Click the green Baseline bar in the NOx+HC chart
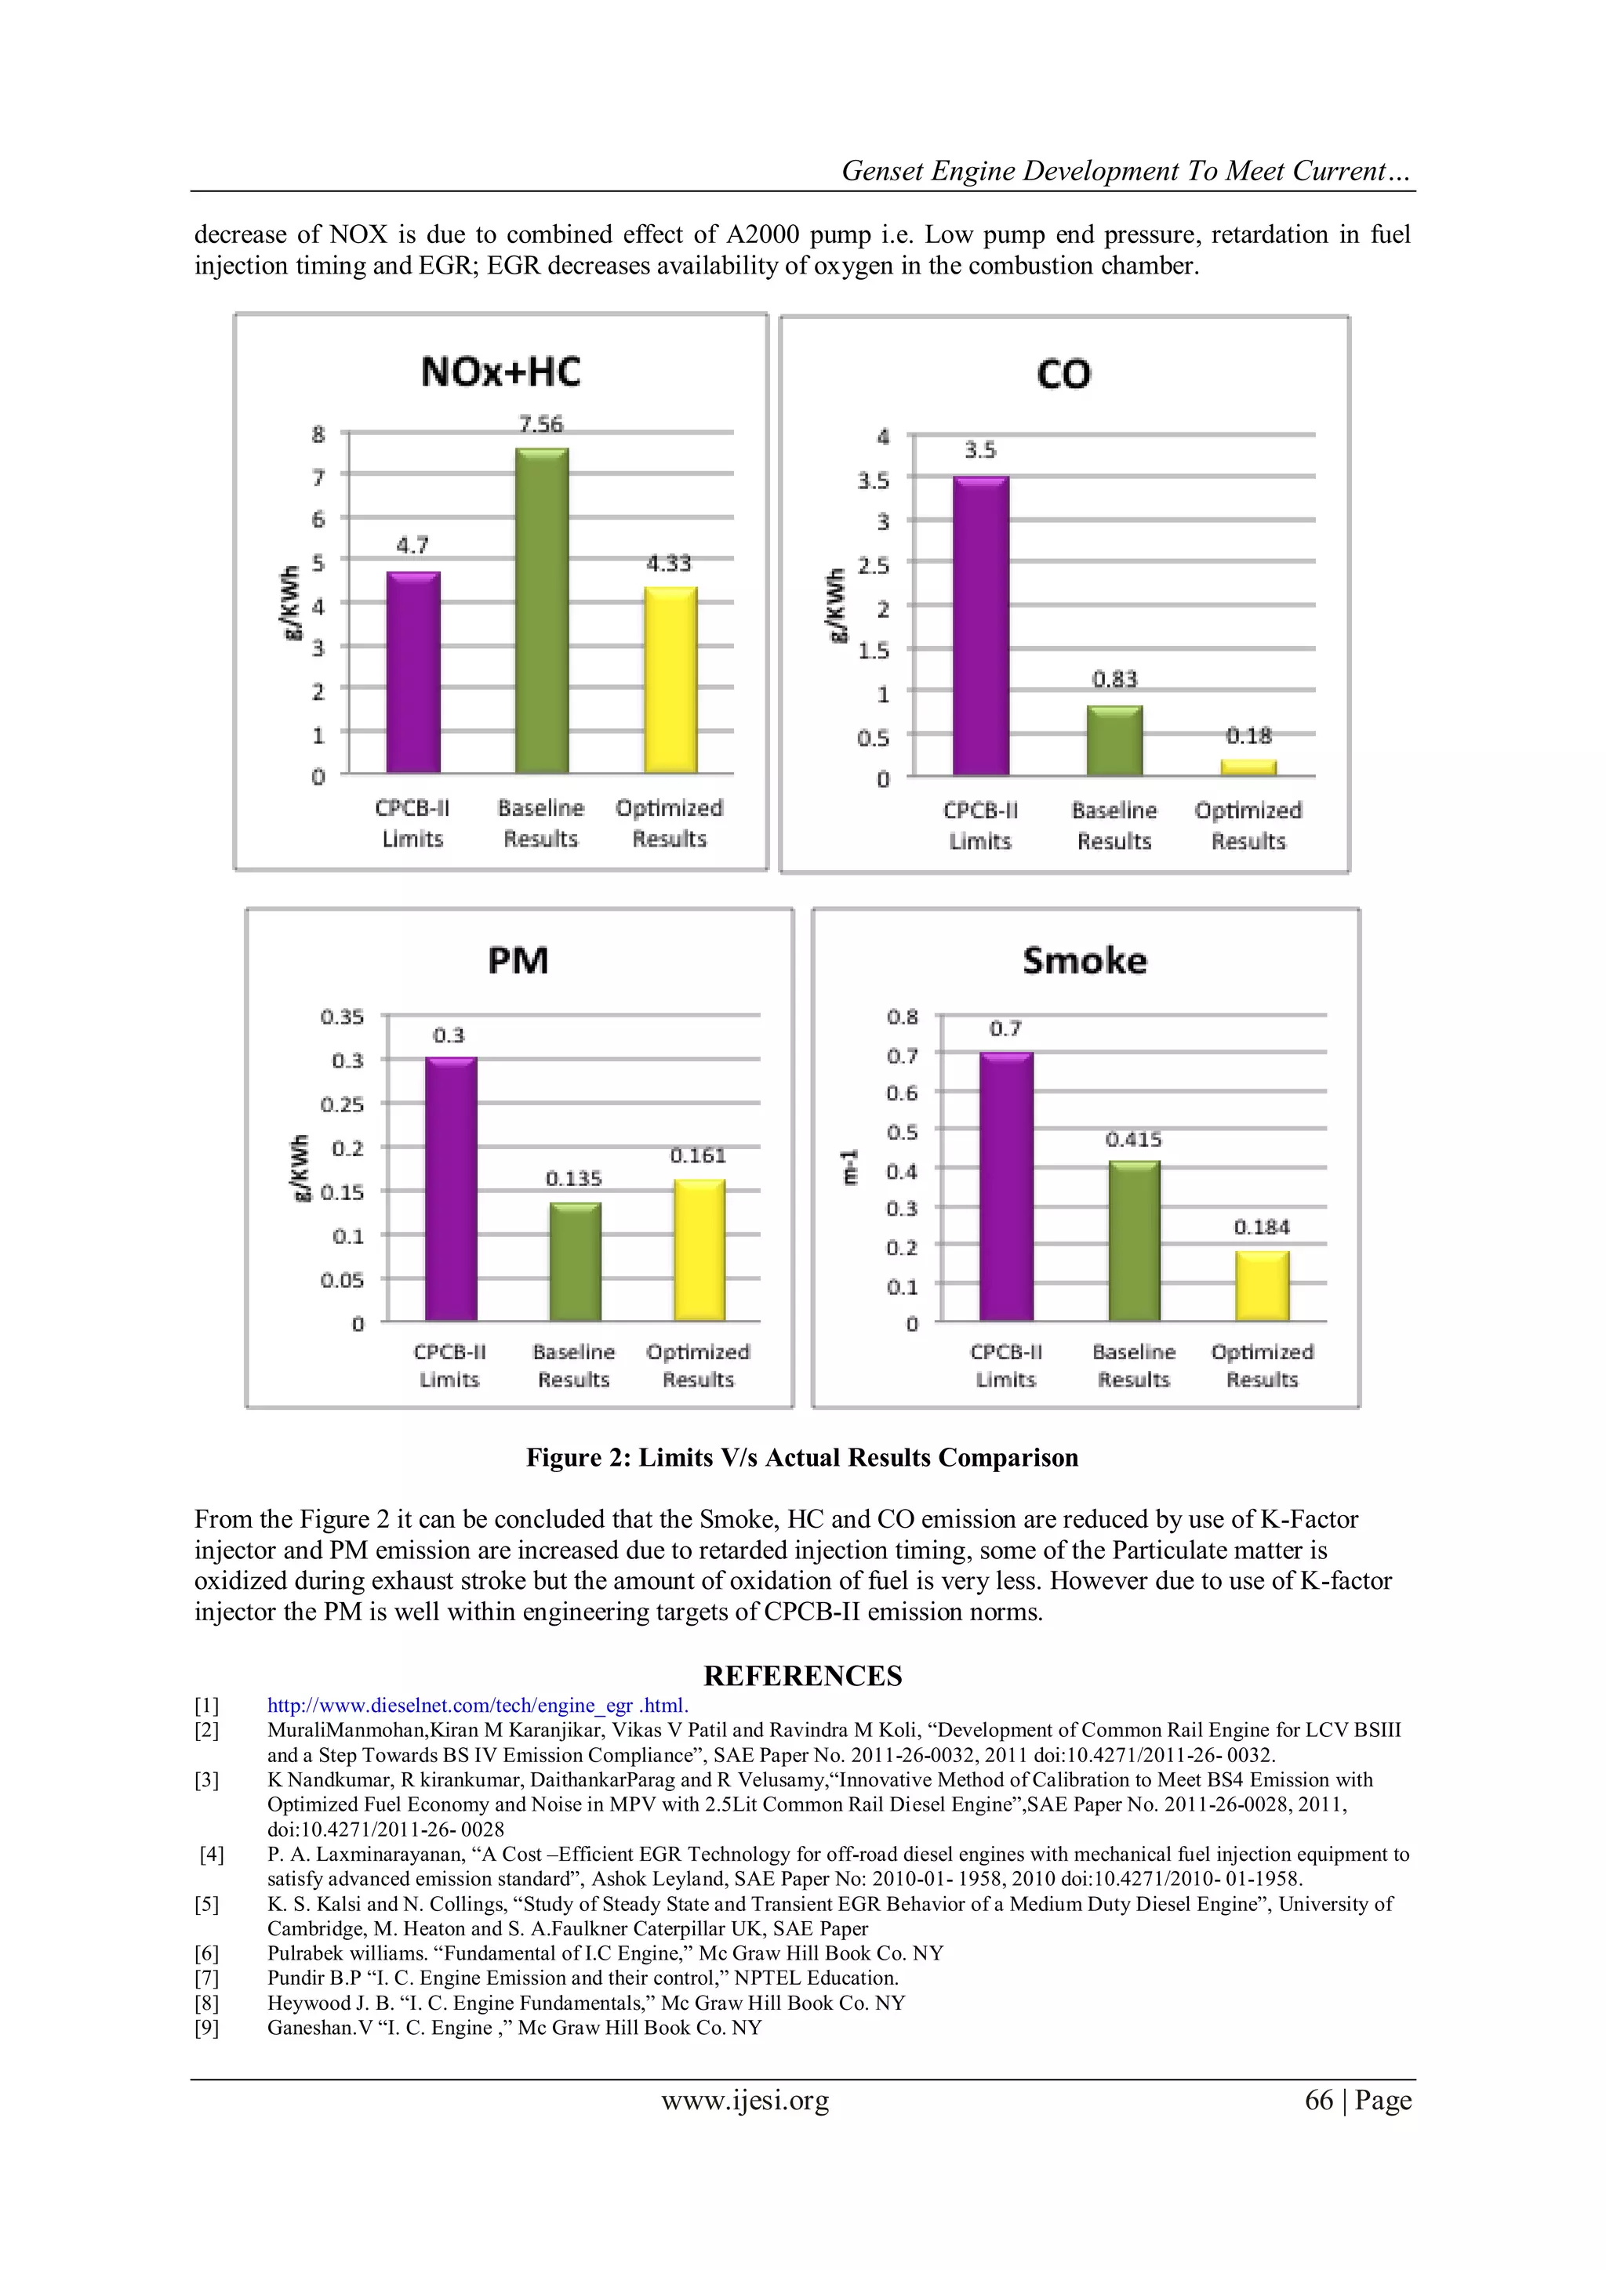pos(542,611)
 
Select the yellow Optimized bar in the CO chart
pos(1248,767)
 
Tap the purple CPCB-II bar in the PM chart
pos(451,1188)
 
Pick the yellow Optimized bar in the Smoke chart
pos(1262,1285)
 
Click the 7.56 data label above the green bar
pos(541,424)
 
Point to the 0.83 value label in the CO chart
pos(1114,680)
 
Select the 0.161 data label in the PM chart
pos(698,1155)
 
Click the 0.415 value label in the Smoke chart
pos(1133,1140)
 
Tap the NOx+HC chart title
pos(500,373)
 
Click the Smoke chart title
pos(1085,961)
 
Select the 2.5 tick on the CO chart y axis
pos(874,565)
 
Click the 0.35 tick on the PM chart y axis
pos(342,1017)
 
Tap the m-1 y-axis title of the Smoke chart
pos(849,1168)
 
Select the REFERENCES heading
pos(803,1676)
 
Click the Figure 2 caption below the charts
pos(802,1458)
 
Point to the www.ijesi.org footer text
pos(746,2100)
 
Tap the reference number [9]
pos(207,2028)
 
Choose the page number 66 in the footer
pos(1319,2100)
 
